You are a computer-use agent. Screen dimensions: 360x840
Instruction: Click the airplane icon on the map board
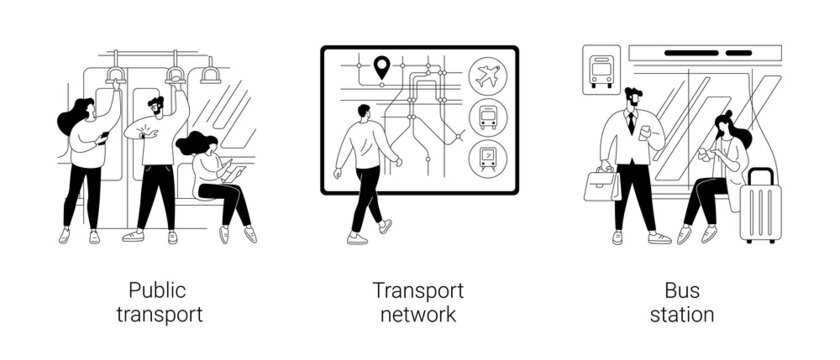pyautogui.click(x=489, y=75)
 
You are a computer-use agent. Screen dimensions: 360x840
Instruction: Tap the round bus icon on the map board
pyautogui.click(x=489, y=116)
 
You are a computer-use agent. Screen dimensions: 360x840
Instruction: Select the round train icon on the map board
pyautogui.click(x=489, y=158)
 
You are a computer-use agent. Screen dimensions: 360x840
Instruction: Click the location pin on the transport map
pyautogui.click(x=382, y=68)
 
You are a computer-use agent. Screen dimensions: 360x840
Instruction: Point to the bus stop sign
pyautogui.click(x=602, y=69)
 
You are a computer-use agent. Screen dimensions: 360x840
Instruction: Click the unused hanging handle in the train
pyautogui.click(x=211, y=72)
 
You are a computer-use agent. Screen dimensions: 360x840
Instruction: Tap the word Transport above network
pyautogui.click(x=418, y=291)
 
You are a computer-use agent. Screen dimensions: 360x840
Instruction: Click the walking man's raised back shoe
pyautogui.click(x=386, y=226)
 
